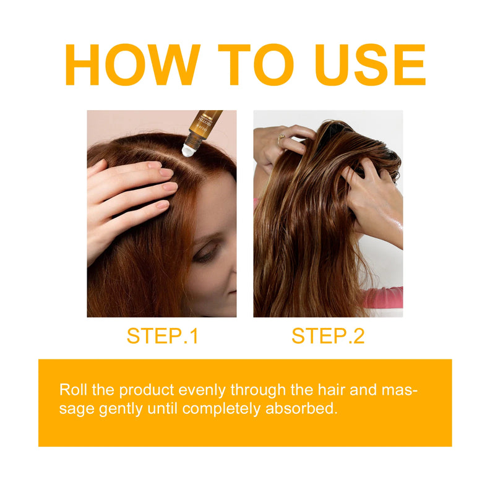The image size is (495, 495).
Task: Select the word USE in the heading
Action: pos(370,66)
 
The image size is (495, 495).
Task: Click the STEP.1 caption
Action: pos(162,336)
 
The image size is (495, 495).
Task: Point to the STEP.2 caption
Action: pos(328,336)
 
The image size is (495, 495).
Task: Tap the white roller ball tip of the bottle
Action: pos(188,150)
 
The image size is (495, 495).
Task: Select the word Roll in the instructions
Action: pos(71,390)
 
